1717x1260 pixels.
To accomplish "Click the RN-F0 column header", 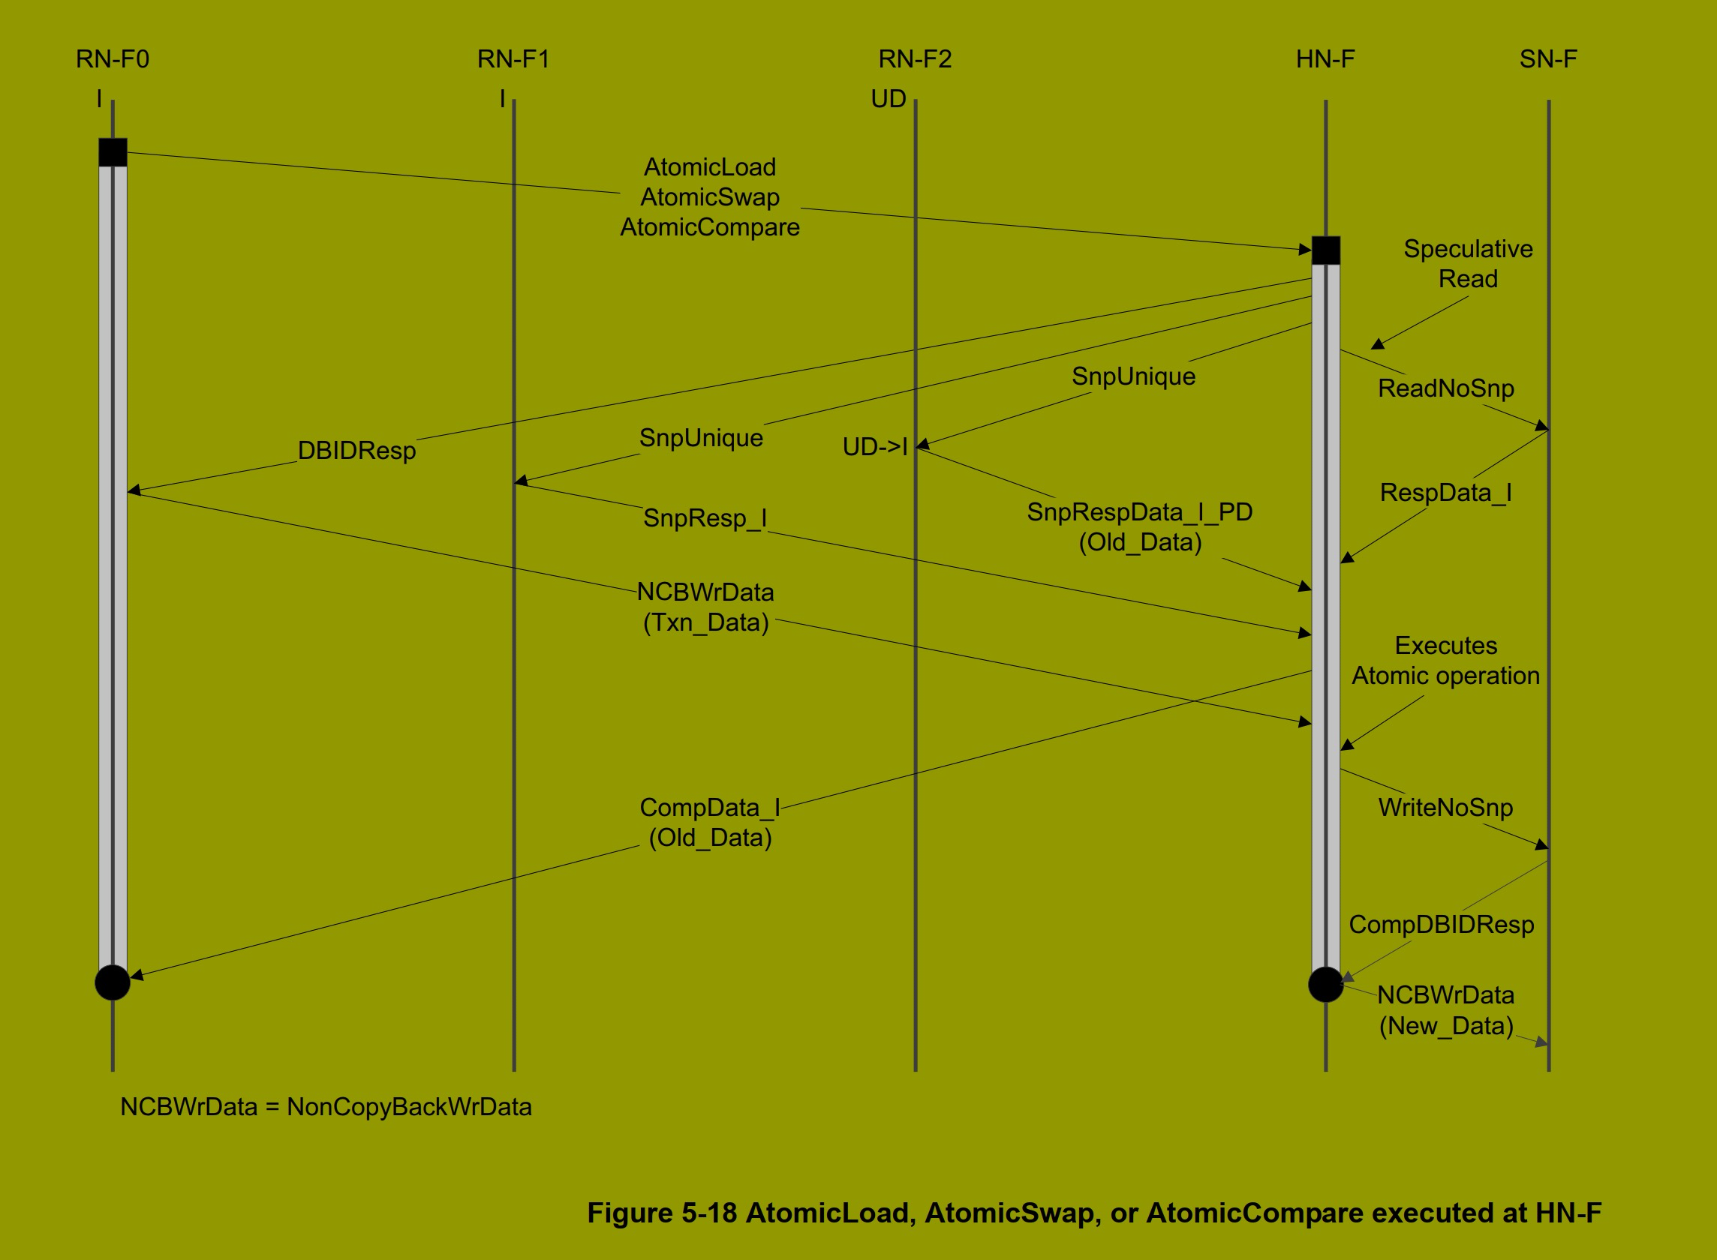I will coord(112,59).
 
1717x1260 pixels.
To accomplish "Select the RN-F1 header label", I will coord(513,59).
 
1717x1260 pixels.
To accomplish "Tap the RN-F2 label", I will coord(915,59).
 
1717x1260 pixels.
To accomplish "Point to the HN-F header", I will coord(1325,59).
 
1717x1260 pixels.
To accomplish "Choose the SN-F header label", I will coord(1547,59).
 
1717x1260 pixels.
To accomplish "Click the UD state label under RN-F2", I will coord(889,99).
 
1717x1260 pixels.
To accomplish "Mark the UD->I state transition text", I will coord(874,447).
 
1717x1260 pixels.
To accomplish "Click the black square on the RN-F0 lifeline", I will coord(113,152).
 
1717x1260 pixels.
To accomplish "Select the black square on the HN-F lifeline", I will coord(1325,250).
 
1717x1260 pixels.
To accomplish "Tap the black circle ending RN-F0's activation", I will coord(112,982).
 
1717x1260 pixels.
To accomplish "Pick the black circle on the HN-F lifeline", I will coord(1325,985).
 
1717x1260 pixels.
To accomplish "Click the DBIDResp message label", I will coord(356,451).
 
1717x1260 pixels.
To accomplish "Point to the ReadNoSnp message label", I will coord(1445,388).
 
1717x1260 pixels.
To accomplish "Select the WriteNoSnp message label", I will coord(1445,808).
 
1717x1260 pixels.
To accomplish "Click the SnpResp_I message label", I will coord(705,519).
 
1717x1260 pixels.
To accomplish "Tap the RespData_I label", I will coord(1445,493).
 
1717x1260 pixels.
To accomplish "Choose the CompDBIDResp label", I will coord(1442,925).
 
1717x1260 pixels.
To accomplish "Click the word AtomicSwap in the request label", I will coord(710,197).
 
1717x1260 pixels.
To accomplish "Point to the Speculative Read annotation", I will coord(1467,264).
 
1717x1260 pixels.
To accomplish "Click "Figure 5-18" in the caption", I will coord(661,1213).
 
